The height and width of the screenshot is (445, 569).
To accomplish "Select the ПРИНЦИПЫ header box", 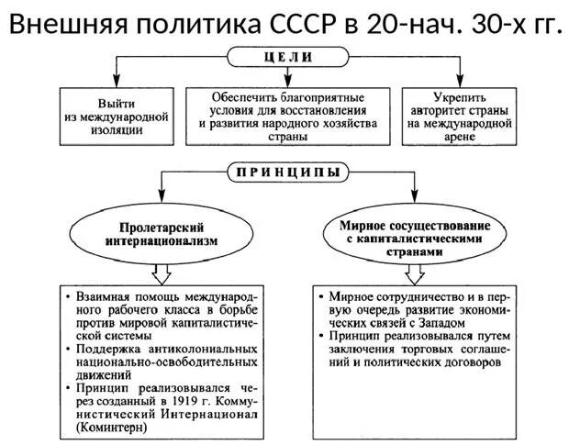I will [x=287, y=171].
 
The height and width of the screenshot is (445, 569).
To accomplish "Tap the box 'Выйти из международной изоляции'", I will [x=117, y=117].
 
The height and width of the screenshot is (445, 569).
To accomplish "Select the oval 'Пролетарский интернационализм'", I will [x=161, y=233].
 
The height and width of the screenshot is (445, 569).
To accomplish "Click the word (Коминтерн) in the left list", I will [x=109, y=428].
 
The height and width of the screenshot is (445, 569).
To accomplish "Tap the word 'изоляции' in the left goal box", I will [x=117, y=129].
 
